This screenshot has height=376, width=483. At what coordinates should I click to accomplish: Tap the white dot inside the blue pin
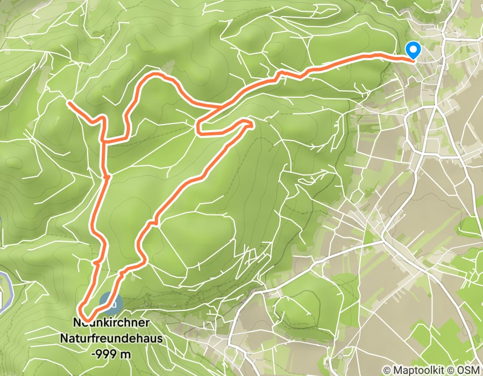point(413,49)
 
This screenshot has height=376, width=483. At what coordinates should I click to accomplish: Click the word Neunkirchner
point(110,324)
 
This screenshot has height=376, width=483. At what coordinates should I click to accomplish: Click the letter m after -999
point(126,354)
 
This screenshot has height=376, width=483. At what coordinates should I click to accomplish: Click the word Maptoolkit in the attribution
point(421,370)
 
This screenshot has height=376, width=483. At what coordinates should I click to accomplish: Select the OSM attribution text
point(468,370)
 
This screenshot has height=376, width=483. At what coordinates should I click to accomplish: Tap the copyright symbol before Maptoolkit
point(387,370)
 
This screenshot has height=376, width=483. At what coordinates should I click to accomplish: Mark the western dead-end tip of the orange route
point(69,102)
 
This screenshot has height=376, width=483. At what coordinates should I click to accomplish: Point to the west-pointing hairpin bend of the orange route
point(198,129)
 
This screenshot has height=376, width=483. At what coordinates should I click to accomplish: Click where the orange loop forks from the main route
point(218,107)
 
